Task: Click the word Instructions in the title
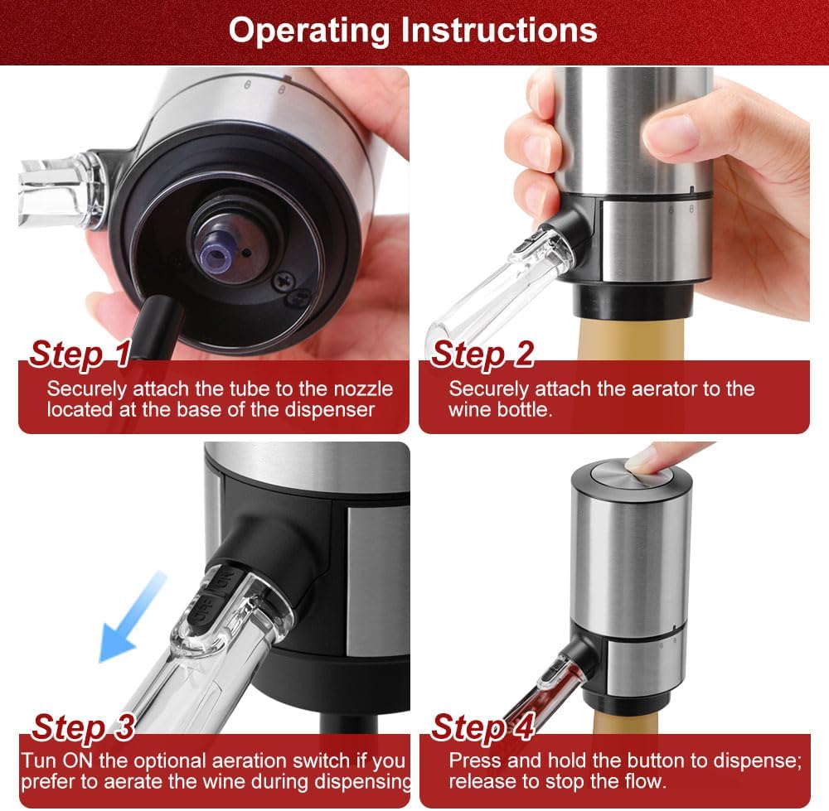[x=500, y=30]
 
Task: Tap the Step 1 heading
[x=80, y=354]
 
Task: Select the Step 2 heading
[x=482, y=354]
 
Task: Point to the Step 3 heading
[x=83, y=727]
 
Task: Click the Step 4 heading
[x=482, y=727]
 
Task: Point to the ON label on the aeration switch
[x=223, y=585]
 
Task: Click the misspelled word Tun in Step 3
[x=40, y=760]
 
